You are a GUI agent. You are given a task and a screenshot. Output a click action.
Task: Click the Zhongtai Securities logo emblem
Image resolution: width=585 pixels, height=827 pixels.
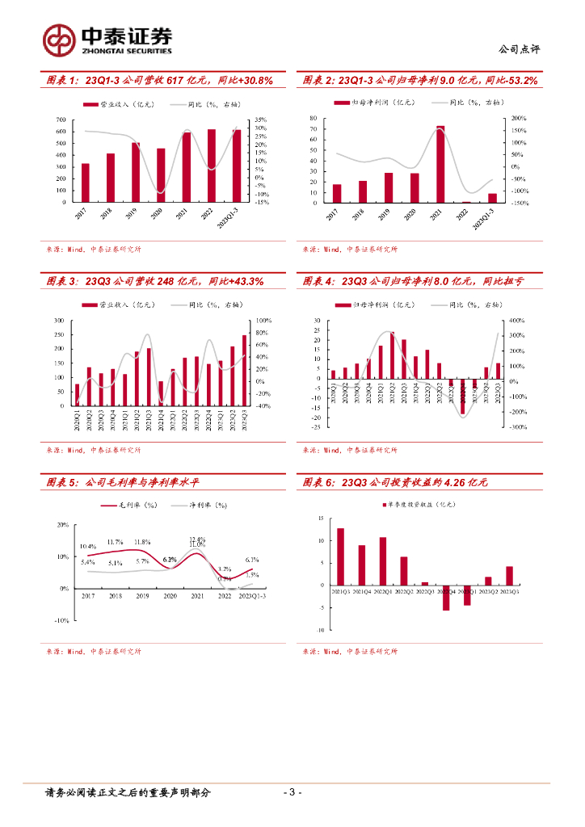[58, 38]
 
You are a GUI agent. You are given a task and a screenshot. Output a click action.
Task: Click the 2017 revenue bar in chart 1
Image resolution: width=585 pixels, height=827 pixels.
[85, 183]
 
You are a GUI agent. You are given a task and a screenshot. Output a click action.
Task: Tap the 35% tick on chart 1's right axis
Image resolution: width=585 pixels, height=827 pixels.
[261, 120]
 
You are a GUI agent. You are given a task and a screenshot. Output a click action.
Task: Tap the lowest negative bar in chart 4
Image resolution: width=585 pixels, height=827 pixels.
[463, 397]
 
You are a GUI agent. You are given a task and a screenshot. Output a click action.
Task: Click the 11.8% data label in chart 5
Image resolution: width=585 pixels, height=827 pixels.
[142, 542]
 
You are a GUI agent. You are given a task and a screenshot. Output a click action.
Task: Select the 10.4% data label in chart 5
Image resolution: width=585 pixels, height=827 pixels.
[88, 547]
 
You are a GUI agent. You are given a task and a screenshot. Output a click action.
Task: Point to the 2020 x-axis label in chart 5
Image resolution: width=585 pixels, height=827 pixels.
[170, 596]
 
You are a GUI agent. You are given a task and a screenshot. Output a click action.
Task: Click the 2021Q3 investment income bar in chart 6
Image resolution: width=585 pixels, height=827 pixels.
[340, 556]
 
